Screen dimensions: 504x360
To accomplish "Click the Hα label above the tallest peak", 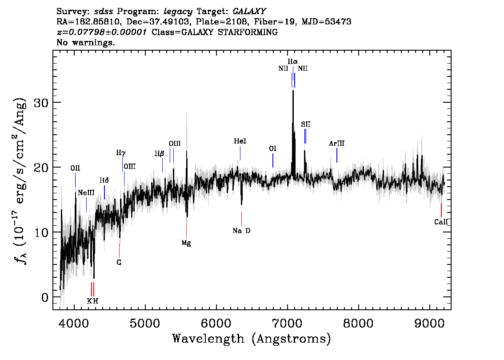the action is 292,61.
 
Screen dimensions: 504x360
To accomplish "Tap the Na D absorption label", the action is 241,231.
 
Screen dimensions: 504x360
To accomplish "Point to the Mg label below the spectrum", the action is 186,243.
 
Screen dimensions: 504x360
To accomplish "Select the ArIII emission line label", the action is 336,144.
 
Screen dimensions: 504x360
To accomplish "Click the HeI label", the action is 240,141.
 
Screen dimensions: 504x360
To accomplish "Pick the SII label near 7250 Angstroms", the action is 306,124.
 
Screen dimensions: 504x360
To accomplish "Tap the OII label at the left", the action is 75,168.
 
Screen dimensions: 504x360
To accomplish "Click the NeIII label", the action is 86,193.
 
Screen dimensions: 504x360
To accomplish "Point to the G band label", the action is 119,263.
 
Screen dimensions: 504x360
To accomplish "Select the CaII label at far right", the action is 441,222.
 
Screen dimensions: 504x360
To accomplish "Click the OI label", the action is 272,148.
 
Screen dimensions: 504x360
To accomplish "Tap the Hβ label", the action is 160,154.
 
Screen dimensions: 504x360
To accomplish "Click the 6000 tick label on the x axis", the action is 216,324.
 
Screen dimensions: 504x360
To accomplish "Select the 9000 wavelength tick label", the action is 429,324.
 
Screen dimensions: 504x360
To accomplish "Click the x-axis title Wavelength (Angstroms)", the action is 252,339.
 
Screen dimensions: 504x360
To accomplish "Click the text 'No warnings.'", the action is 85,42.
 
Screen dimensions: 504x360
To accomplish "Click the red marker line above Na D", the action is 241,219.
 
